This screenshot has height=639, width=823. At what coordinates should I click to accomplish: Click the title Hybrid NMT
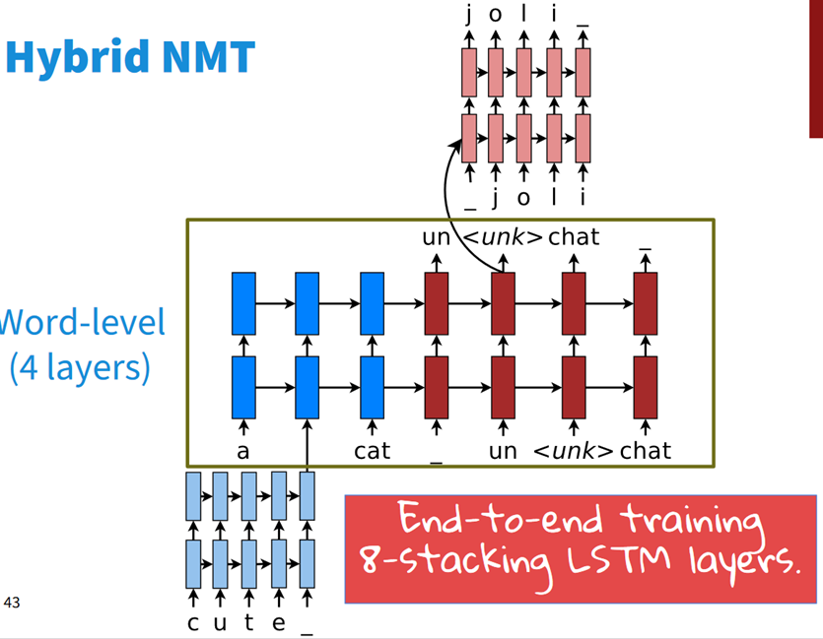pyautogui.click(x=129, y=58)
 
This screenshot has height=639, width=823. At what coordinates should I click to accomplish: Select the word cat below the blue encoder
pyautogui.click(x=372, y=451)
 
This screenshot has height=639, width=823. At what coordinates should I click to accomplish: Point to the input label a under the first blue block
pyautogui.click(x=242, y=451)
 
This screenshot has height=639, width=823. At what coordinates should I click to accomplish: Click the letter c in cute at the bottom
pyautogui.click(x=193, y=622)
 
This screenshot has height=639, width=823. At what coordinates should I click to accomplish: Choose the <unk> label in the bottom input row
pyautogui.click(x=573, y=451)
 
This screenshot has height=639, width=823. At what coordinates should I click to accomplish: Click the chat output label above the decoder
pyautogui.click(x=574, y=236)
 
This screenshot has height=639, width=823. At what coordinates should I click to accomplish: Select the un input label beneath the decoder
pyautogui.click(x=503, y=451)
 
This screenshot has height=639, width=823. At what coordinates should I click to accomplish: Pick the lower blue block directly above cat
pyautogui.click(x=372, y=387)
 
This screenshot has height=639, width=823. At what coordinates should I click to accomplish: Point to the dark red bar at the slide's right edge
pyautogui.click(x=815, y=69)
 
